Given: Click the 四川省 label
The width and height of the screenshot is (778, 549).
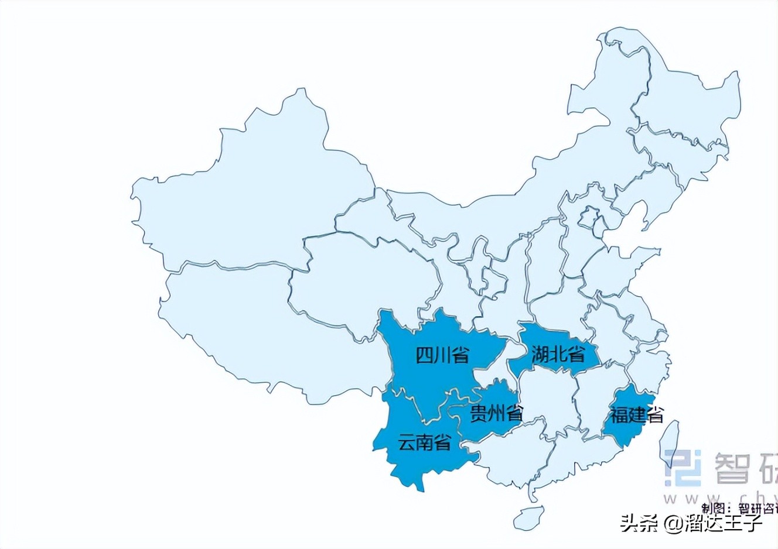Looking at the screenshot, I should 442,355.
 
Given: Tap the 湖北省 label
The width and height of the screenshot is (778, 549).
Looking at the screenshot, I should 558,354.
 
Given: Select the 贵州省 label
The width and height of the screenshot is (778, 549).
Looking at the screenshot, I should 497,414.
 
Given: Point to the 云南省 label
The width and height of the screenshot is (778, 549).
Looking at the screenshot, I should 425,442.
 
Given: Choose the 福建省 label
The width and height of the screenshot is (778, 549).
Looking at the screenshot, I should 637,415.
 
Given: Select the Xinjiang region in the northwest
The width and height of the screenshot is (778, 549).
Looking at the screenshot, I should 246,193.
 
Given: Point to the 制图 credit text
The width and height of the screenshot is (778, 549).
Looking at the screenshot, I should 716,507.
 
